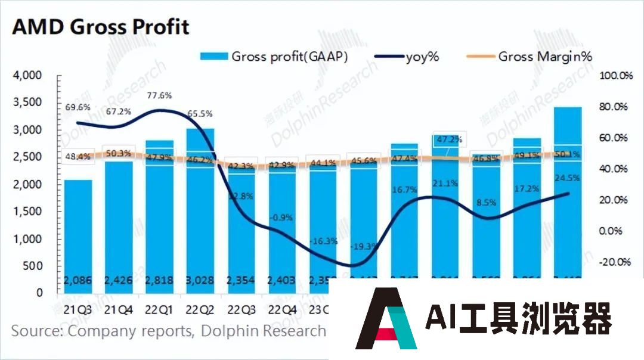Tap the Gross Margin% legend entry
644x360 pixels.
[536, 57]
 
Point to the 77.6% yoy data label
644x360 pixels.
[158, 95]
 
